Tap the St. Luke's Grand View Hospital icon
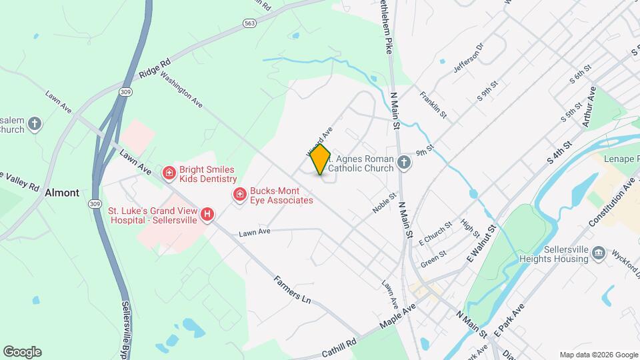[x=208, y=214]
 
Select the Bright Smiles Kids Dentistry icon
[x=169, y=173]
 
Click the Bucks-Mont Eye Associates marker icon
[x=239, y=194]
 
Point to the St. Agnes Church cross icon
[x=403, y=163]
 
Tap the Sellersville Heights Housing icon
[x=598, y=253]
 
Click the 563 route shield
[x=250, y=23]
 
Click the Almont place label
[x=62, y=193]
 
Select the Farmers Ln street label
[x=293, y=289]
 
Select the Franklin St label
[x=433, y=105]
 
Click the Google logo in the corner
[x=22, y=352]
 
